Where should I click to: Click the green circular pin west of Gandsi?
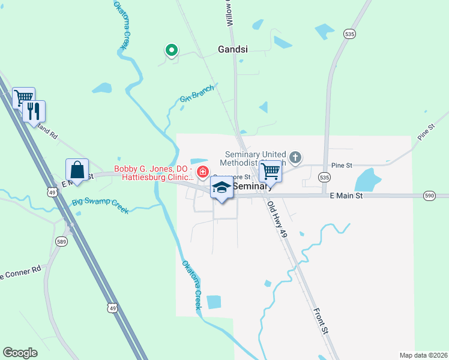(171, 50)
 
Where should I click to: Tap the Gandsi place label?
(234, 50)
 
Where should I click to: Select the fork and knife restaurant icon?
(34, 110)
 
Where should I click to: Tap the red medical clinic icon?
(203, 173)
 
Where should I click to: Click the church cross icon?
(295, 158)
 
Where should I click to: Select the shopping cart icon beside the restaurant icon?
(23, 97)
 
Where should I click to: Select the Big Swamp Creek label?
(100, 206)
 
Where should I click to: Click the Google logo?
(20, 353)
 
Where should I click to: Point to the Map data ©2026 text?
(423, 355)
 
